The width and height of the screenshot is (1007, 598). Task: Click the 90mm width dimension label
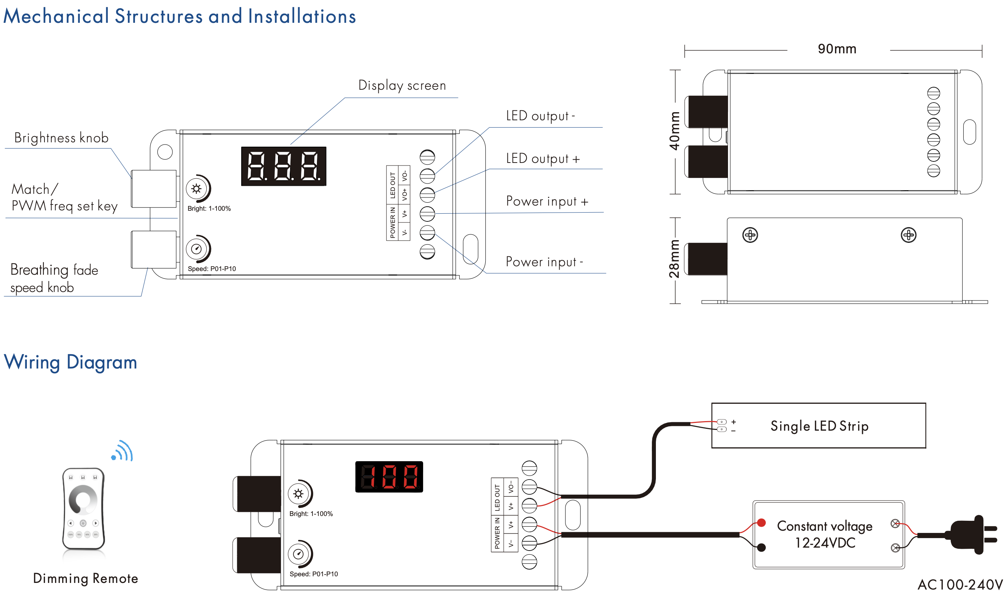(837, 49)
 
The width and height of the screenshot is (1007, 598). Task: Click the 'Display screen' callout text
(402, 85)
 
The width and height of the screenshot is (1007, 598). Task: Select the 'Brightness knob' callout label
(61, 138)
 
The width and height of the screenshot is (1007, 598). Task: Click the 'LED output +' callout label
(543, 159)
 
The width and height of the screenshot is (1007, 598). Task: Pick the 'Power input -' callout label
(544, 262)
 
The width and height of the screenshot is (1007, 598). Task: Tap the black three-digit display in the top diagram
(283, 166)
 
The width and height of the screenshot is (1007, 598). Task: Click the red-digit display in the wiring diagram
(389, 477)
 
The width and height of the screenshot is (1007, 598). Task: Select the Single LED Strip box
(818, 426)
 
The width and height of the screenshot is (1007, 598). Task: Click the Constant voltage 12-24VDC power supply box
(828, 535)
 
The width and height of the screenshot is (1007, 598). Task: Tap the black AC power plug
(971, 535)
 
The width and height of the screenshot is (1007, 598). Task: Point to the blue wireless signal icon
(123, 451)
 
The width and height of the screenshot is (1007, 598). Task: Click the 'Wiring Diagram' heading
(71, 362)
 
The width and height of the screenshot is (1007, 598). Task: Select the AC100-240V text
(960, 585)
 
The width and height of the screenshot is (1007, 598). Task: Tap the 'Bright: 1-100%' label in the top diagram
(209, 209)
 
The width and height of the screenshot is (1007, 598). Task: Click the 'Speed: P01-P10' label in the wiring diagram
(313, 574)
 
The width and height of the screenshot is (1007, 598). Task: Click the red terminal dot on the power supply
(761, 523)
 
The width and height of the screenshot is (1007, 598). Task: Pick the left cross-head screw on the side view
(750, 235)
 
